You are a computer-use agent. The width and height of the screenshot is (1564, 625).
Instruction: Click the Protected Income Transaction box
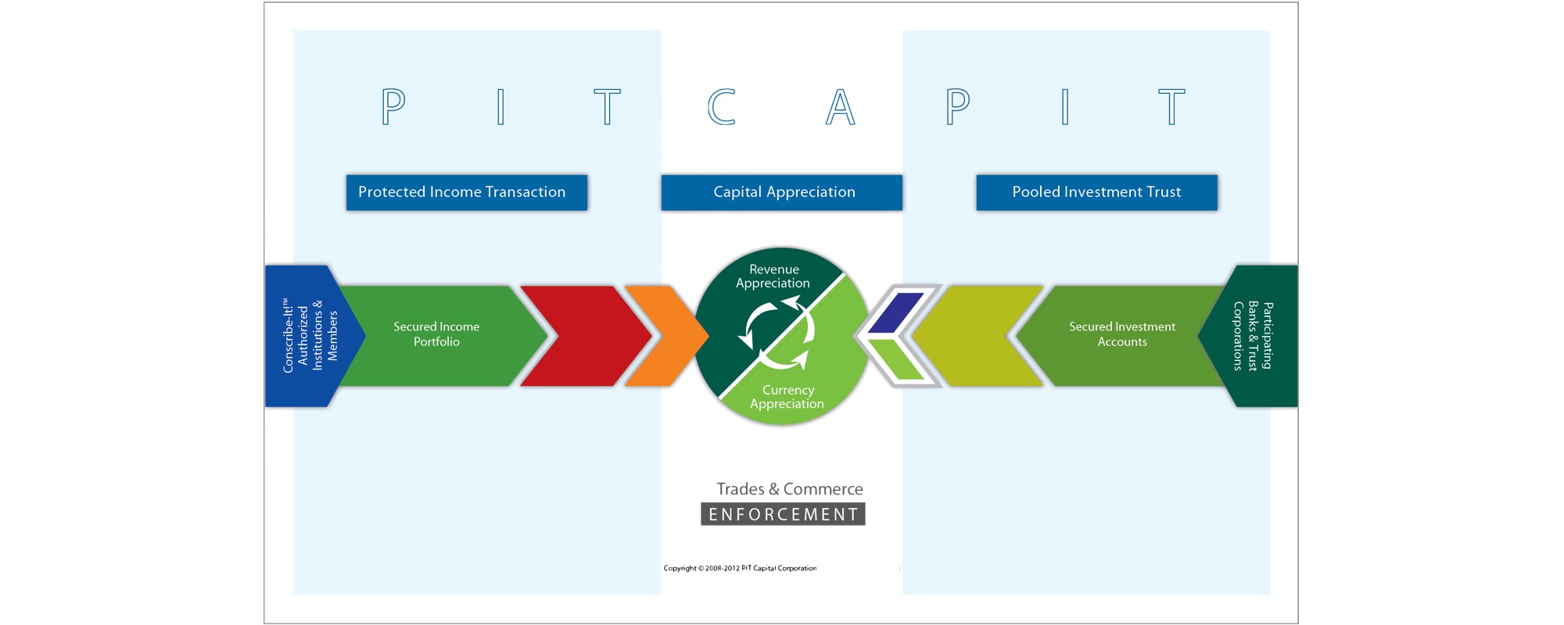pos(466,192)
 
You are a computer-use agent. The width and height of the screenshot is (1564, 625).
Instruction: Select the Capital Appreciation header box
pos(782,192)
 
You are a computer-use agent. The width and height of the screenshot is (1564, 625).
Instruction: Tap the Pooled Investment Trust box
pos(1096,192)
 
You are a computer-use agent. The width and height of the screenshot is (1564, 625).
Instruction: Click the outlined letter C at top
pos(721,107)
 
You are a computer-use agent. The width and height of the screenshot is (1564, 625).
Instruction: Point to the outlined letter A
pos(840,107)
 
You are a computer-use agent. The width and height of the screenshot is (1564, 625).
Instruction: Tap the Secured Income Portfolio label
pos(436,334)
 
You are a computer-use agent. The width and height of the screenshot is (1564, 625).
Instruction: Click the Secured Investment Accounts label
pos(1122,334)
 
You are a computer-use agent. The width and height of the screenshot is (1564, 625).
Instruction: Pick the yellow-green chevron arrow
pos(977,336)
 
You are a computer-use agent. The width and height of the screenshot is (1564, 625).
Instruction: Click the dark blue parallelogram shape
pos(898,312)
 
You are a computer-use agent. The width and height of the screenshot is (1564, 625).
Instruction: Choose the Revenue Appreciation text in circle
pos(773,277)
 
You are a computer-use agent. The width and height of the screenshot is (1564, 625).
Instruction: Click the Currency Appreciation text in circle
pos(787,397)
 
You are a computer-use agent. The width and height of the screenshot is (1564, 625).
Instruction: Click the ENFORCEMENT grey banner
pos(783,514)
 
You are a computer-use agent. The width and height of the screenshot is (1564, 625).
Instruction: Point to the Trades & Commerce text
pos(790,489)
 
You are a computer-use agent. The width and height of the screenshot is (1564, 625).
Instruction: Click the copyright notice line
pos(740,568)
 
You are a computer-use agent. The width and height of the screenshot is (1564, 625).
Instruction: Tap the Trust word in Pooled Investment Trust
pos(1164,192)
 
